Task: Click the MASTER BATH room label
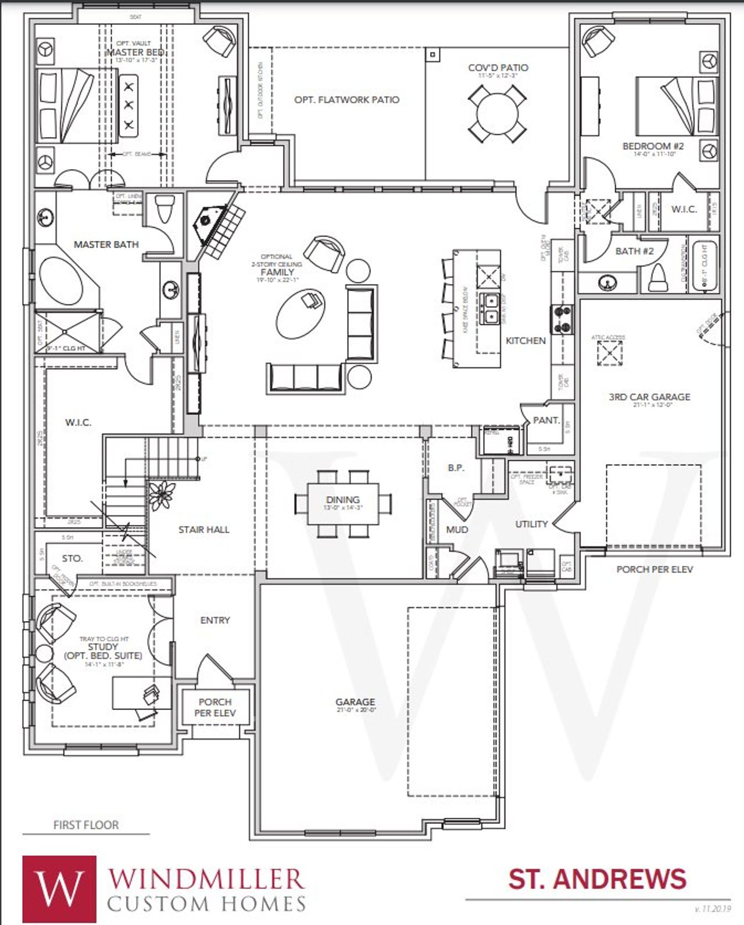106,245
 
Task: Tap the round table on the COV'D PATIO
498,113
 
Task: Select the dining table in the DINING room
343,503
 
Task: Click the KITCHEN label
525,340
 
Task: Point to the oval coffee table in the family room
301,313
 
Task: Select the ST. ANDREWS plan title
598,879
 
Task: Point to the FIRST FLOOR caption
86,824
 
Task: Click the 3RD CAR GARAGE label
649,397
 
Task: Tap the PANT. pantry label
546,420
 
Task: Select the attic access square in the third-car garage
610,353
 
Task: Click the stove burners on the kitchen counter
562,320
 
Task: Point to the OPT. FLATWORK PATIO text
347,100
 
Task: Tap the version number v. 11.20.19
713,908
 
